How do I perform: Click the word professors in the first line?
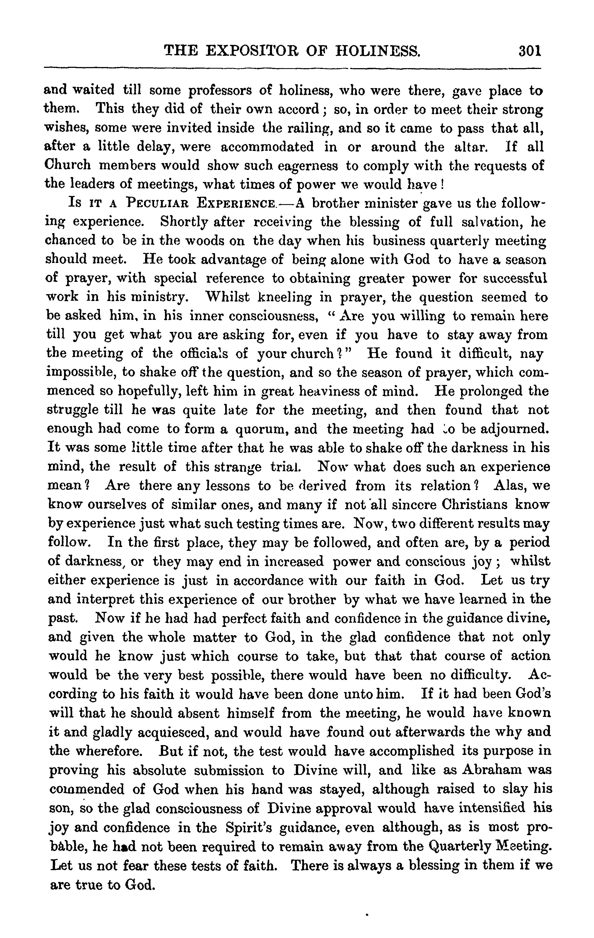tap(222, 91)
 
